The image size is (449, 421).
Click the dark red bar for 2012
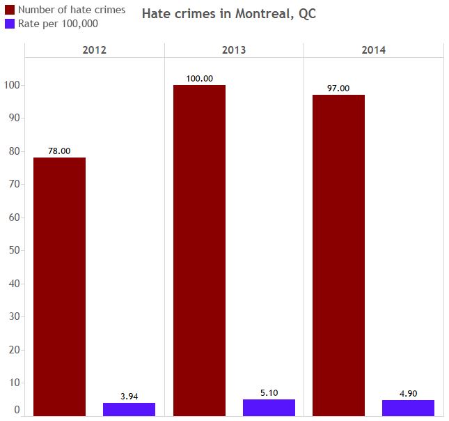click(59, 286)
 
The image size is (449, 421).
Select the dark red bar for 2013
click(199, 250)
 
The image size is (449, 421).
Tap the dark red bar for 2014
click(338, 255)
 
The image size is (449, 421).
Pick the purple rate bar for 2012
click(129, 409)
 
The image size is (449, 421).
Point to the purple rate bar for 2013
click(269, 408)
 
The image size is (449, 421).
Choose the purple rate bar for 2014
click(408, 408)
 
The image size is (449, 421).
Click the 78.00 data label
click(59, 151)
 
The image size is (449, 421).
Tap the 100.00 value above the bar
click(199, 79)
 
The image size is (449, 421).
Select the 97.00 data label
click(338, 89)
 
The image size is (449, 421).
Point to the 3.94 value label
click(129, 397)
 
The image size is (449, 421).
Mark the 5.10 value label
click(269, 393)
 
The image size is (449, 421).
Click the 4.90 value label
click(408, 394)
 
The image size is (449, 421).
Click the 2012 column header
click(95, 50)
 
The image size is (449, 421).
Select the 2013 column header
click(234, 50)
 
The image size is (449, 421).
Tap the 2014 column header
click(374, 50)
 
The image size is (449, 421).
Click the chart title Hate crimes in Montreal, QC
click(229, 14)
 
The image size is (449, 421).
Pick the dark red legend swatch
click(10, 10)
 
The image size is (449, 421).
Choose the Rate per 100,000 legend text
click(58, 24)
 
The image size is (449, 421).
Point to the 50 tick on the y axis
click(14, 250)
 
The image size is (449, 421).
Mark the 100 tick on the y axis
click(12, 85)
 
